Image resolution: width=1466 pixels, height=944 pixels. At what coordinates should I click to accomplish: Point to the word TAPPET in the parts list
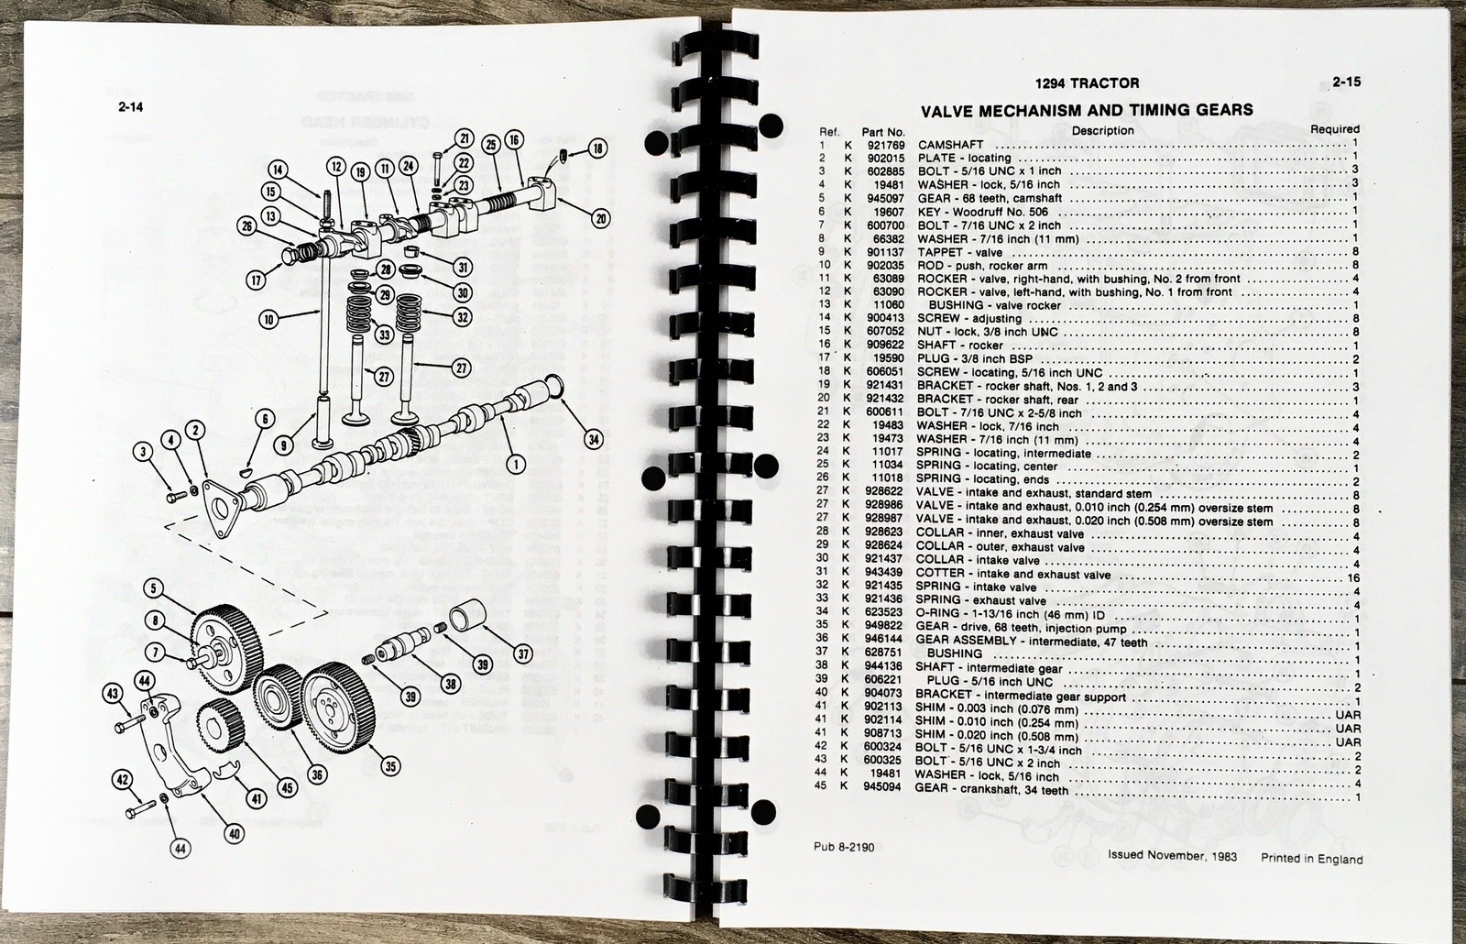(943, 252)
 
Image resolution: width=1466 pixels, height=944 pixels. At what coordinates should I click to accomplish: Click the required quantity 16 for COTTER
(1353, 577)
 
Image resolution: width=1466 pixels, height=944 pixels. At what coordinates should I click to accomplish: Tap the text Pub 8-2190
(843, 847)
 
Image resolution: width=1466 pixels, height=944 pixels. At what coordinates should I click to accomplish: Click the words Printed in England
(1311, 859)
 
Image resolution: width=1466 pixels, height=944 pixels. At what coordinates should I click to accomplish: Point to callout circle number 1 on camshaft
(515, 464)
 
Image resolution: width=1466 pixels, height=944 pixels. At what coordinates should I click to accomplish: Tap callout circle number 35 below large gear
(391, 766)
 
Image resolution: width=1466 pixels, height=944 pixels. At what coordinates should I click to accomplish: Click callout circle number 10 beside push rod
(268, 319)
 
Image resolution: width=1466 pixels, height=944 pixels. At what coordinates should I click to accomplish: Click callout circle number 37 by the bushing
(522, 653)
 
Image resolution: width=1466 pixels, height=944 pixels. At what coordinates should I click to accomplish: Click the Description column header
(1102, 130)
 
